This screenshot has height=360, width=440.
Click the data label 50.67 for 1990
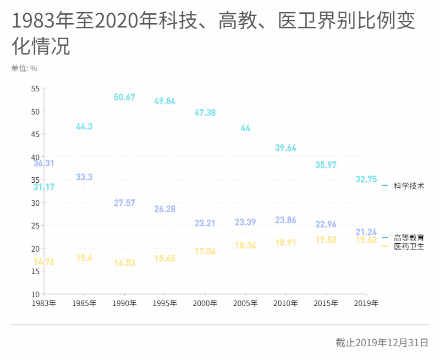pyautogui.click(x=124, y=97)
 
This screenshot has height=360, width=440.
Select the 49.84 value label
pyautogui.click(x=164, y=101)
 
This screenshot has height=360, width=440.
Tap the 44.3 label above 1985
pyautogui.click(x=84, y=127)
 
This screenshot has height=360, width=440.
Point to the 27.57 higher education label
pyautogui.click(x=124, y=203)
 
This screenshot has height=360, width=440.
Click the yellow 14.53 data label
pyautogui.click(x=124, y=263)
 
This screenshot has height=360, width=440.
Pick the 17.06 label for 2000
pyautogui.click(x=205, y=252)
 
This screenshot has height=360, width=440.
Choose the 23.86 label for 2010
pyautogui.click(x=285, y=220)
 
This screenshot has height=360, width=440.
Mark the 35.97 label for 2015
pyautogui.click(x=326, y=165)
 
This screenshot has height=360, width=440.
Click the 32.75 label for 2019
pyautogui.click(x=366, y=179)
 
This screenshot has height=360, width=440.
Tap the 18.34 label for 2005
pyautogui.click(x=245, y=246)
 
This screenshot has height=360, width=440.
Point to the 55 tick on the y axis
pyautogui.click(x=35, y=89)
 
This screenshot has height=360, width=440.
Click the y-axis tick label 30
pyautogui.click(x=35, y=203)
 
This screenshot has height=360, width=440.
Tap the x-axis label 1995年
pyautogui.click(x=164, y=303)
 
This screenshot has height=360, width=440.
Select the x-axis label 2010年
pyautogui.click(x=285, y=303)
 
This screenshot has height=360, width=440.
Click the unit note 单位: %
pyautogui.click(x=24, y=68)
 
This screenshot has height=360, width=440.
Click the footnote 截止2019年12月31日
pyautogui.click(x=382, y=342)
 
